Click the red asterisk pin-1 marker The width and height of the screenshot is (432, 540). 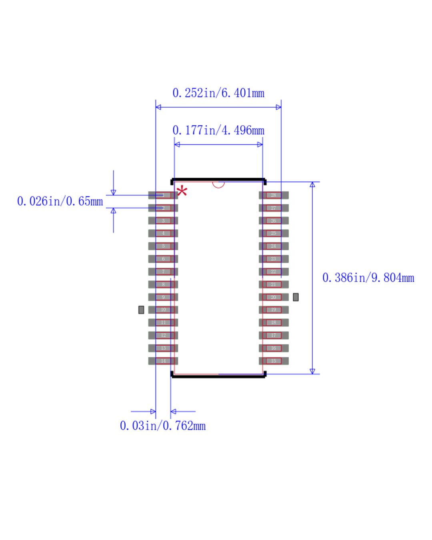pos(182,191)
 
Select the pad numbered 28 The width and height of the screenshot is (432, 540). pos(274,195)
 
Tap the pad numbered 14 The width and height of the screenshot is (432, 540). pos(163,361)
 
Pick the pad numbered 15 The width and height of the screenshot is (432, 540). pos(274,361)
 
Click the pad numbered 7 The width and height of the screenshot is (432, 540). pos(163,272)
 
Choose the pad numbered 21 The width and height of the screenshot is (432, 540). pos(274,284)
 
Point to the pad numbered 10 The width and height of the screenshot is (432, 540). pos(163,310)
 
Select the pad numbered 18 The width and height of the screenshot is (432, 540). pos(274,322)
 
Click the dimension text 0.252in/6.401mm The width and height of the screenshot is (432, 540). pos(218,93)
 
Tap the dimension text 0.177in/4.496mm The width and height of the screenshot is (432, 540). pos(218,130)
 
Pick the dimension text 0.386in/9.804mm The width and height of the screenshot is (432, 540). pos(368,278)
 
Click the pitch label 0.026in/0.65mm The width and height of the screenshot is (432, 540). pos(60,201)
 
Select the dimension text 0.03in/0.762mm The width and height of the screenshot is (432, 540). pos(163,426)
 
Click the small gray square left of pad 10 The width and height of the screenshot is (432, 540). pos(141,310)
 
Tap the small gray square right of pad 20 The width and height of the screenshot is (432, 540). pos(296,297)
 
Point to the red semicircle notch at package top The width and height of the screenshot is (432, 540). pos(218,184)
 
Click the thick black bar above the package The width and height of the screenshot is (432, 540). pos(218,180)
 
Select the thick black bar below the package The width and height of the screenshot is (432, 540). pos(218,376)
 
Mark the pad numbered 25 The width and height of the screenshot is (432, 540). pos(274,233)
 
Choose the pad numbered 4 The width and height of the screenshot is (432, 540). pos(163,233)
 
